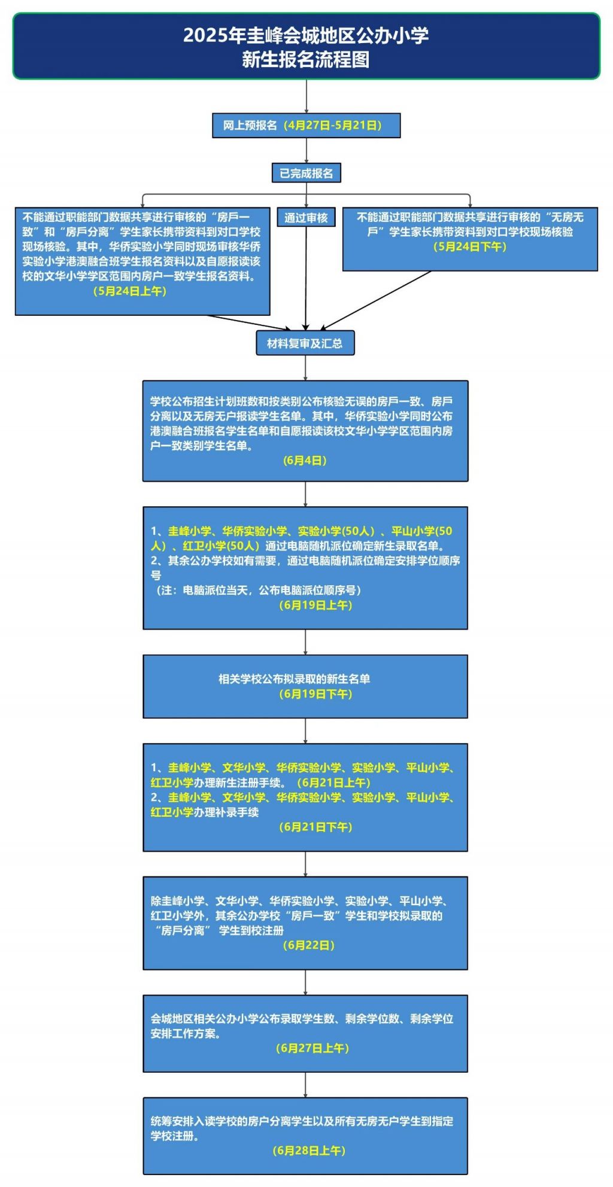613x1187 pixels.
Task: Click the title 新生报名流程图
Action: point(306,60)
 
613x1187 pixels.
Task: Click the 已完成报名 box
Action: point(306,173)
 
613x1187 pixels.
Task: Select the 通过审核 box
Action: point(306,217)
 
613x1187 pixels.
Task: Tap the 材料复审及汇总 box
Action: point(305,343)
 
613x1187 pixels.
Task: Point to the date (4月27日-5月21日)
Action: point(333,126)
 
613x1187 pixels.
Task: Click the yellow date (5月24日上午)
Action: point(130,291)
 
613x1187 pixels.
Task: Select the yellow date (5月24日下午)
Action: point(470,246)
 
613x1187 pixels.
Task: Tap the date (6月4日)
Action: point(305,460)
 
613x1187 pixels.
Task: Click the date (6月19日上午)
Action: point(315,605)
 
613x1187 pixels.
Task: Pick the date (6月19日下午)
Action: point(315,694)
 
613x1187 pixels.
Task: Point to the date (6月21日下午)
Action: point(315,827)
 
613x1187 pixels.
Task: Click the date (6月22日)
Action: point(308,945)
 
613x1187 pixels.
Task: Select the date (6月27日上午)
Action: point(312,1048)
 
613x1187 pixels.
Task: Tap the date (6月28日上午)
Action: point(309,1151)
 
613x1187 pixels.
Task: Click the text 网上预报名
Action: point(250,126)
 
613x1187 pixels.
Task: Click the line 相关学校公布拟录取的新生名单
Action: point(294,679)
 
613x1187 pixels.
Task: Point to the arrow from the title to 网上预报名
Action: point(306,96)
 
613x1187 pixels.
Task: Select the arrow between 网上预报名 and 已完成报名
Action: point(306,151)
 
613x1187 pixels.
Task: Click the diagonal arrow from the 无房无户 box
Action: point(375,300)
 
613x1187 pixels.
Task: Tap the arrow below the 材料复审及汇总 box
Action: point(305,368)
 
